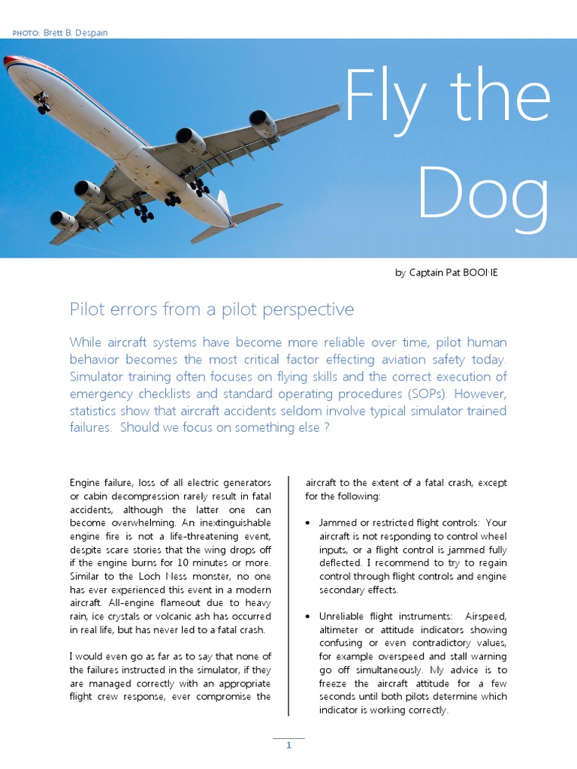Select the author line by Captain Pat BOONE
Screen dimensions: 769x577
coord(446,273)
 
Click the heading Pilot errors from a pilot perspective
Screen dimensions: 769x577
coord(211,309)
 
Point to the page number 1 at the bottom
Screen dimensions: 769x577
coord(288,746)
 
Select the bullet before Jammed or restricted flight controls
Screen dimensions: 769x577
coord(309,523)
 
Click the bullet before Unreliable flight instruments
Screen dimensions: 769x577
coord(309,617)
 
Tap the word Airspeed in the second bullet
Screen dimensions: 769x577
coord(486,617)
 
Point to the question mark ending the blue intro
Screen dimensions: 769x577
coord(327,428)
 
